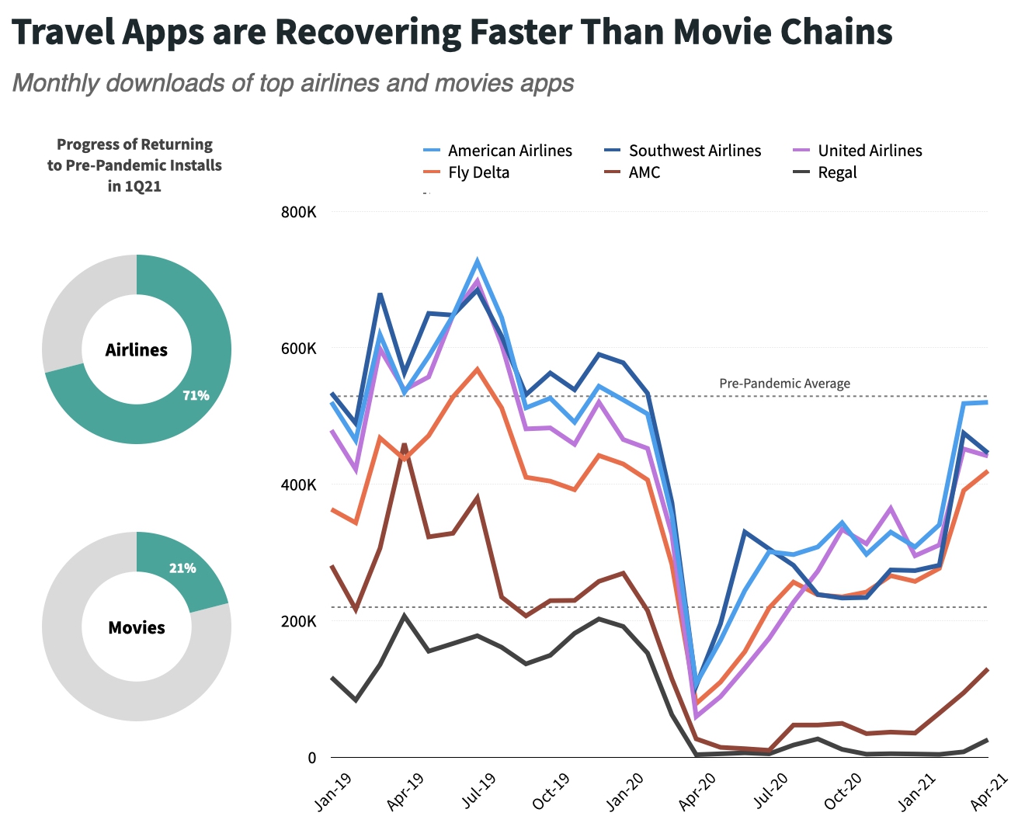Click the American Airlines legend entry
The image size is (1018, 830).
pyautogui.click(x=509, y=151)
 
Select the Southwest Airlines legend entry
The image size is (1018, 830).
pyautogui.click(x=694, y=151)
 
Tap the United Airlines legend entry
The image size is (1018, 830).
pyautogui.click(x=870, y=151)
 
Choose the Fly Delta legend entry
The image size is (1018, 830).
pyautogui.click(x=478, y=172)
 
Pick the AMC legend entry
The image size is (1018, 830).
pyautogui.click(x=644, y=172)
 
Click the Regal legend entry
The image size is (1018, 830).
pyautogui.click(x=837, y=172)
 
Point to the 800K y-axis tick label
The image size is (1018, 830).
pyautogui.click(x=298, y=212)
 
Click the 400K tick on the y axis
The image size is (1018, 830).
pyautogui.click(x=298, y=484)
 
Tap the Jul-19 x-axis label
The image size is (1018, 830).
pyautogui.click(x=480, y=791)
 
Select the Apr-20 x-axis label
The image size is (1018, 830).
pyautogui.click(x=697, y=791)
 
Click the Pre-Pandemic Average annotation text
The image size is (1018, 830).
pyautogui.click(x=784, y=384)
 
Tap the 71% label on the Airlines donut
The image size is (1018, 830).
pyautogui.click(x=196, y=395)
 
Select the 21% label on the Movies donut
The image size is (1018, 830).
pyautogui.click(x=182, y=568)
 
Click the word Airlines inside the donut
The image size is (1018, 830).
pyautogui.click(x=137, y=350)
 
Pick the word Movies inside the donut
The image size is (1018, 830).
pyautogui.click(x=137, y=627)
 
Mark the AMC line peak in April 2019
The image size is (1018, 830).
pyautogui.click(x=405, y=444)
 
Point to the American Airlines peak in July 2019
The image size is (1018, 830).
pyautogui.click(x=478, y=261)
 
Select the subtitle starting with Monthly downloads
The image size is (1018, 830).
pyautogui.click(x=293, y=83)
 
